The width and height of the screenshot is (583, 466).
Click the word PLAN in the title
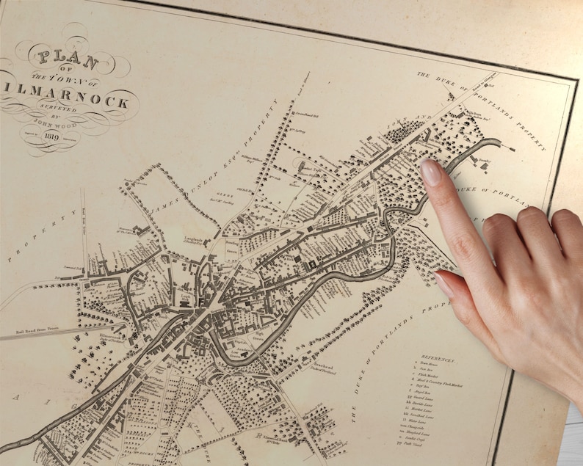[60, 57]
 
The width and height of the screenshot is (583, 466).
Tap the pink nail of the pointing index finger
[431, 172]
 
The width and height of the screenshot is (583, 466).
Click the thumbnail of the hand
[445, 283]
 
